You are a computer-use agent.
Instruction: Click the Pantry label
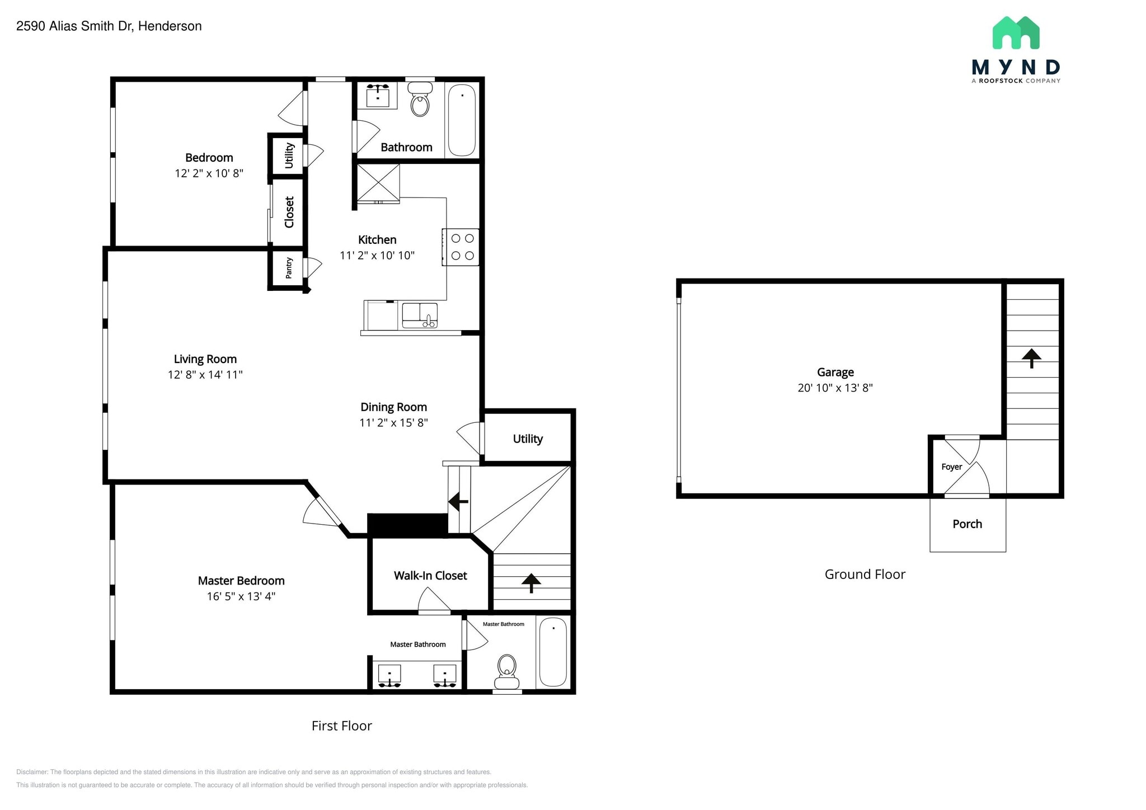pyautogui.click(x=289, y=268)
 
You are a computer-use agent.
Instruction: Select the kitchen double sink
pyautogui.click(x=420, y=315)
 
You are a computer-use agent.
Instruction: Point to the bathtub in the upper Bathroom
pyautogui.click(x=462, y=120)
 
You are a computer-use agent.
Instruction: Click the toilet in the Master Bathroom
pyautogui.click(x=507, y=670)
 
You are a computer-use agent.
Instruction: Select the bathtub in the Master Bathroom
pyautogui.click(x=553, y=652)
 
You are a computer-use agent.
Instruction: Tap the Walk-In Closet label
pyautogui.click(x=430, y=576)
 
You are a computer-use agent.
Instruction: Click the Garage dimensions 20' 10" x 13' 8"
pyautogui.click(x=835, y=388)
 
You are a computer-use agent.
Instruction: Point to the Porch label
pyautogui.click(x=967, y=524)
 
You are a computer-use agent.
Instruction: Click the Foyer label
pyautogui.click(x=951, y=467)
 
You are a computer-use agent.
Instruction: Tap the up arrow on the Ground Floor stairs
pyautogui.click(x=1031, y=357)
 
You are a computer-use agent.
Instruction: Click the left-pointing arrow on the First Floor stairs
pyautogui.click(x=458, y=501)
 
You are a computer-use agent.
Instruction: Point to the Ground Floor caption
pyautogui.click(x=865, y=574)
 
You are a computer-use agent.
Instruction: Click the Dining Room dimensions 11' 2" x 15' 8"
pyautogui.click(x=393, y=423)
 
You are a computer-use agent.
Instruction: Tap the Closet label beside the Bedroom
pyautogui.click(x=289, y=212)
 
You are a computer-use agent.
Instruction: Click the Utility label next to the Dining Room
pyautogui.click(x=528, y=439)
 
